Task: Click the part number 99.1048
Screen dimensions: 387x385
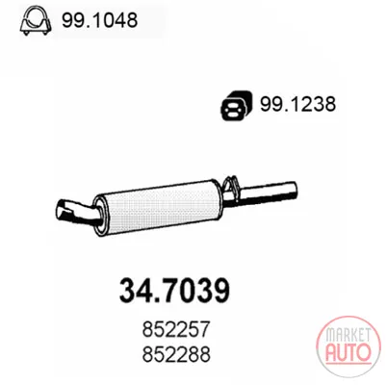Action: coord(99,20)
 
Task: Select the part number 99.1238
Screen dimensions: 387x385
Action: coord(297,104)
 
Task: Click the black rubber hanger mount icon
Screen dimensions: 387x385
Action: coord(236,106)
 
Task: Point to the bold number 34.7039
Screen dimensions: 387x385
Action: coord(174,291)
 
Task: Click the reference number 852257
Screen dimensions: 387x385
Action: coord(176,329)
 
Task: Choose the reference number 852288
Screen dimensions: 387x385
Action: coord(176,353)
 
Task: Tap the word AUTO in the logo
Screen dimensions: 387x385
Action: coord(348,352)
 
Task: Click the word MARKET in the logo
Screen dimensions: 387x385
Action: coord(348,335)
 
